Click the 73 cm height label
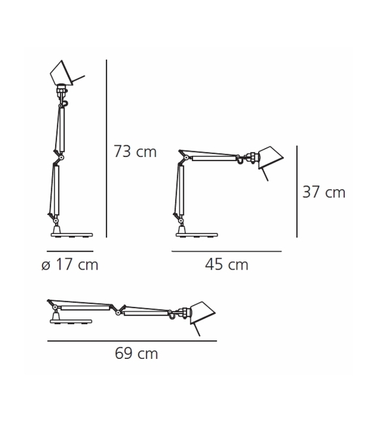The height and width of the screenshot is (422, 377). (135, 152)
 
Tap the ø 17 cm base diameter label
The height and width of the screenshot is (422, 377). (69, 265)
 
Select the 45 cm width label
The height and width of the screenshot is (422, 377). (227, 265)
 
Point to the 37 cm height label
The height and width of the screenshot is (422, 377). (323, 193)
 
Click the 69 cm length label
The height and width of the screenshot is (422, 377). (137, 354)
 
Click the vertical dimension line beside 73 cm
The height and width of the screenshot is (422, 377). (106, 149)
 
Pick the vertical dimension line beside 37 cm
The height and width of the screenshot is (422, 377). (298, 191)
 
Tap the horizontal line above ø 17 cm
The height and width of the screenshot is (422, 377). (70, 251)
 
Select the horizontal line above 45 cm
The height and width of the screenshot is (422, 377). (227, 251)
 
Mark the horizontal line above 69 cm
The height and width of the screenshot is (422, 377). (132, 340)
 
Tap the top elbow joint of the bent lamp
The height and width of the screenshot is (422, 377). (183, 155)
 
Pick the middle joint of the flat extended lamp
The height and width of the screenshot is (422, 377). (118, 310)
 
